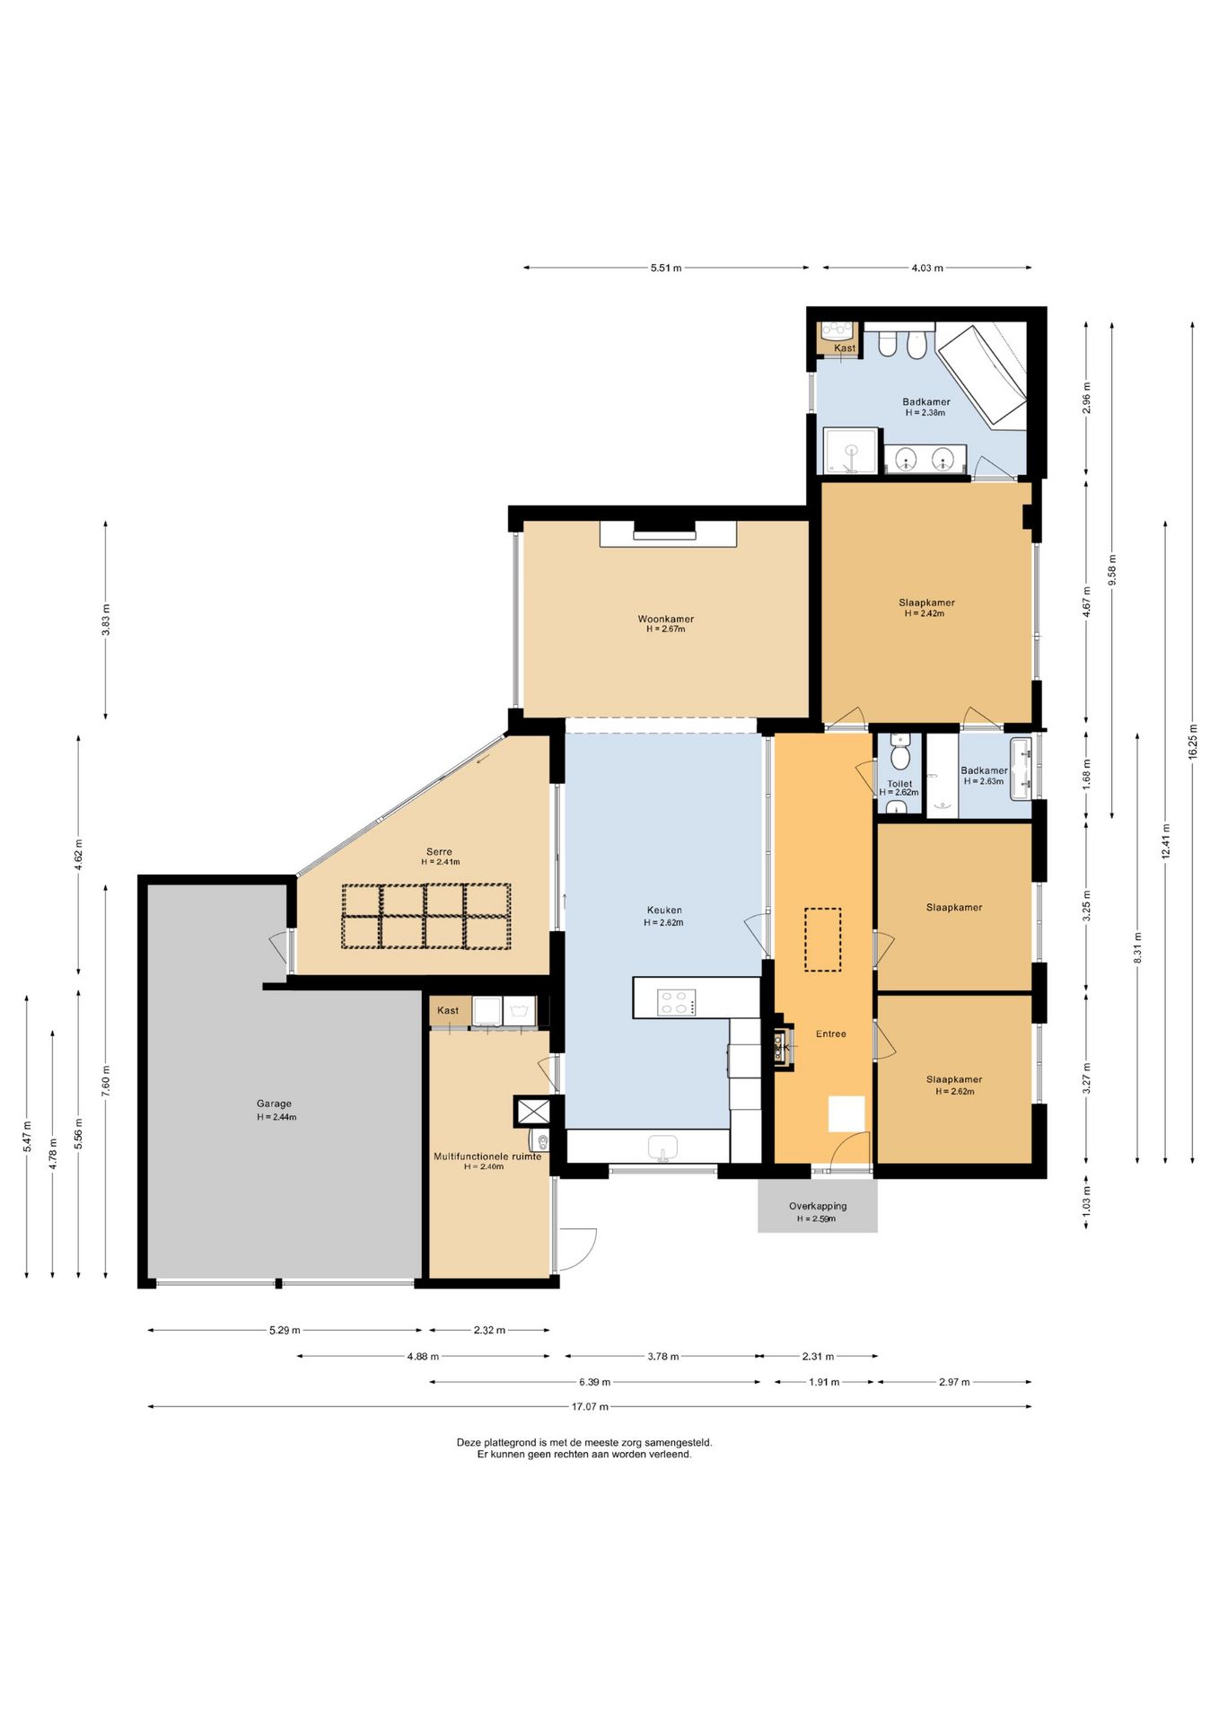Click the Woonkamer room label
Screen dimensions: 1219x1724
665,619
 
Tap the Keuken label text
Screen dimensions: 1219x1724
664,910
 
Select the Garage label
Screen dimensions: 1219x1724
274,1104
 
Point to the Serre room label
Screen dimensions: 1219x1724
439,851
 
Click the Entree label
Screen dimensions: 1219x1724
830,1034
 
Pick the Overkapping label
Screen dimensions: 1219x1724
818,1206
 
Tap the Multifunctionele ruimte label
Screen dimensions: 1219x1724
487,1157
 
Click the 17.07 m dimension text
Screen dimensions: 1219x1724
590,1407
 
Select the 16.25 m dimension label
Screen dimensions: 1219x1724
1192,742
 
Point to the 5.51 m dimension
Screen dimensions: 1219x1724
666,268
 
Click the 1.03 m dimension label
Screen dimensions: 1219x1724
1086,1201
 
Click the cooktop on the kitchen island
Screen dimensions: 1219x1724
677,1002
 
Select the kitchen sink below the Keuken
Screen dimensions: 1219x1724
663,1148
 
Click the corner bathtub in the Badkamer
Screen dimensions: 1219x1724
981,375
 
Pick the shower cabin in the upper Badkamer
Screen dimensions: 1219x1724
850,451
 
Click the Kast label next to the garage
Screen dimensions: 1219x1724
448,1010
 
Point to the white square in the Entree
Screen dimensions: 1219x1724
846,1113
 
